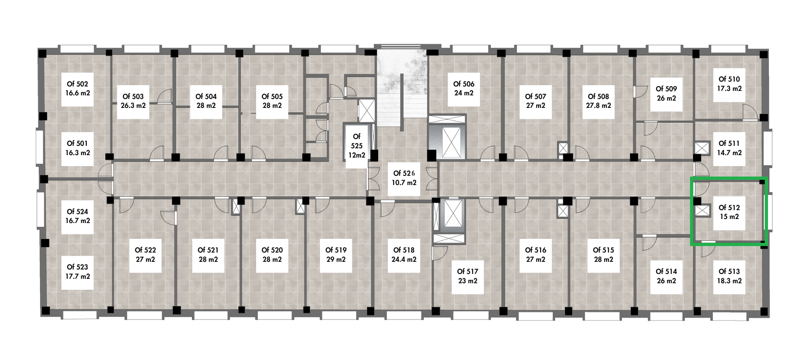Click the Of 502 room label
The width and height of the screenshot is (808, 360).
point(78,89)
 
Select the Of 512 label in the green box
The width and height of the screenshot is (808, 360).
point(729,212)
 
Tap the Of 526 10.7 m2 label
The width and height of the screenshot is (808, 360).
point(404,178)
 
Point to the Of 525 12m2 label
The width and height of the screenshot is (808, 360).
point(357,146)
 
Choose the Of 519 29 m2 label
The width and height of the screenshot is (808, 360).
point(336,255)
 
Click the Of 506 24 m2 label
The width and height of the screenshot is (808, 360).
point(464,89)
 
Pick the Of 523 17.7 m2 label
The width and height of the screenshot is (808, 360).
point(78,272)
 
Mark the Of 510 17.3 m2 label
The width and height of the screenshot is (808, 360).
point(729,84)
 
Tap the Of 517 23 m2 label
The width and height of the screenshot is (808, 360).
point(467,276)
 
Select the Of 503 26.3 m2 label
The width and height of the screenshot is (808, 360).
point(133,101)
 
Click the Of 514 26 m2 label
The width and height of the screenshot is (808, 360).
point(666,276)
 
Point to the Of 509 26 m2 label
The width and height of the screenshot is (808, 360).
point(666,94)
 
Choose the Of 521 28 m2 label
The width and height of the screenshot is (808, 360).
point(208,255)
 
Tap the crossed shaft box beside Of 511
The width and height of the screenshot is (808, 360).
point(703,147)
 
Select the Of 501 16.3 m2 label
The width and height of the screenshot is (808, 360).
point(78,148)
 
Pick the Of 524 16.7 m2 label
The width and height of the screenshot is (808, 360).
point(78,217)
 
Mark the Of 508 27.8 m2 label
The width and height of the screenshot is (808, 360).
point(598,101)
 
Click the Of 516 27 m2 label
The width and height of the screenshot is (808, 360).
point(536,255)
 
